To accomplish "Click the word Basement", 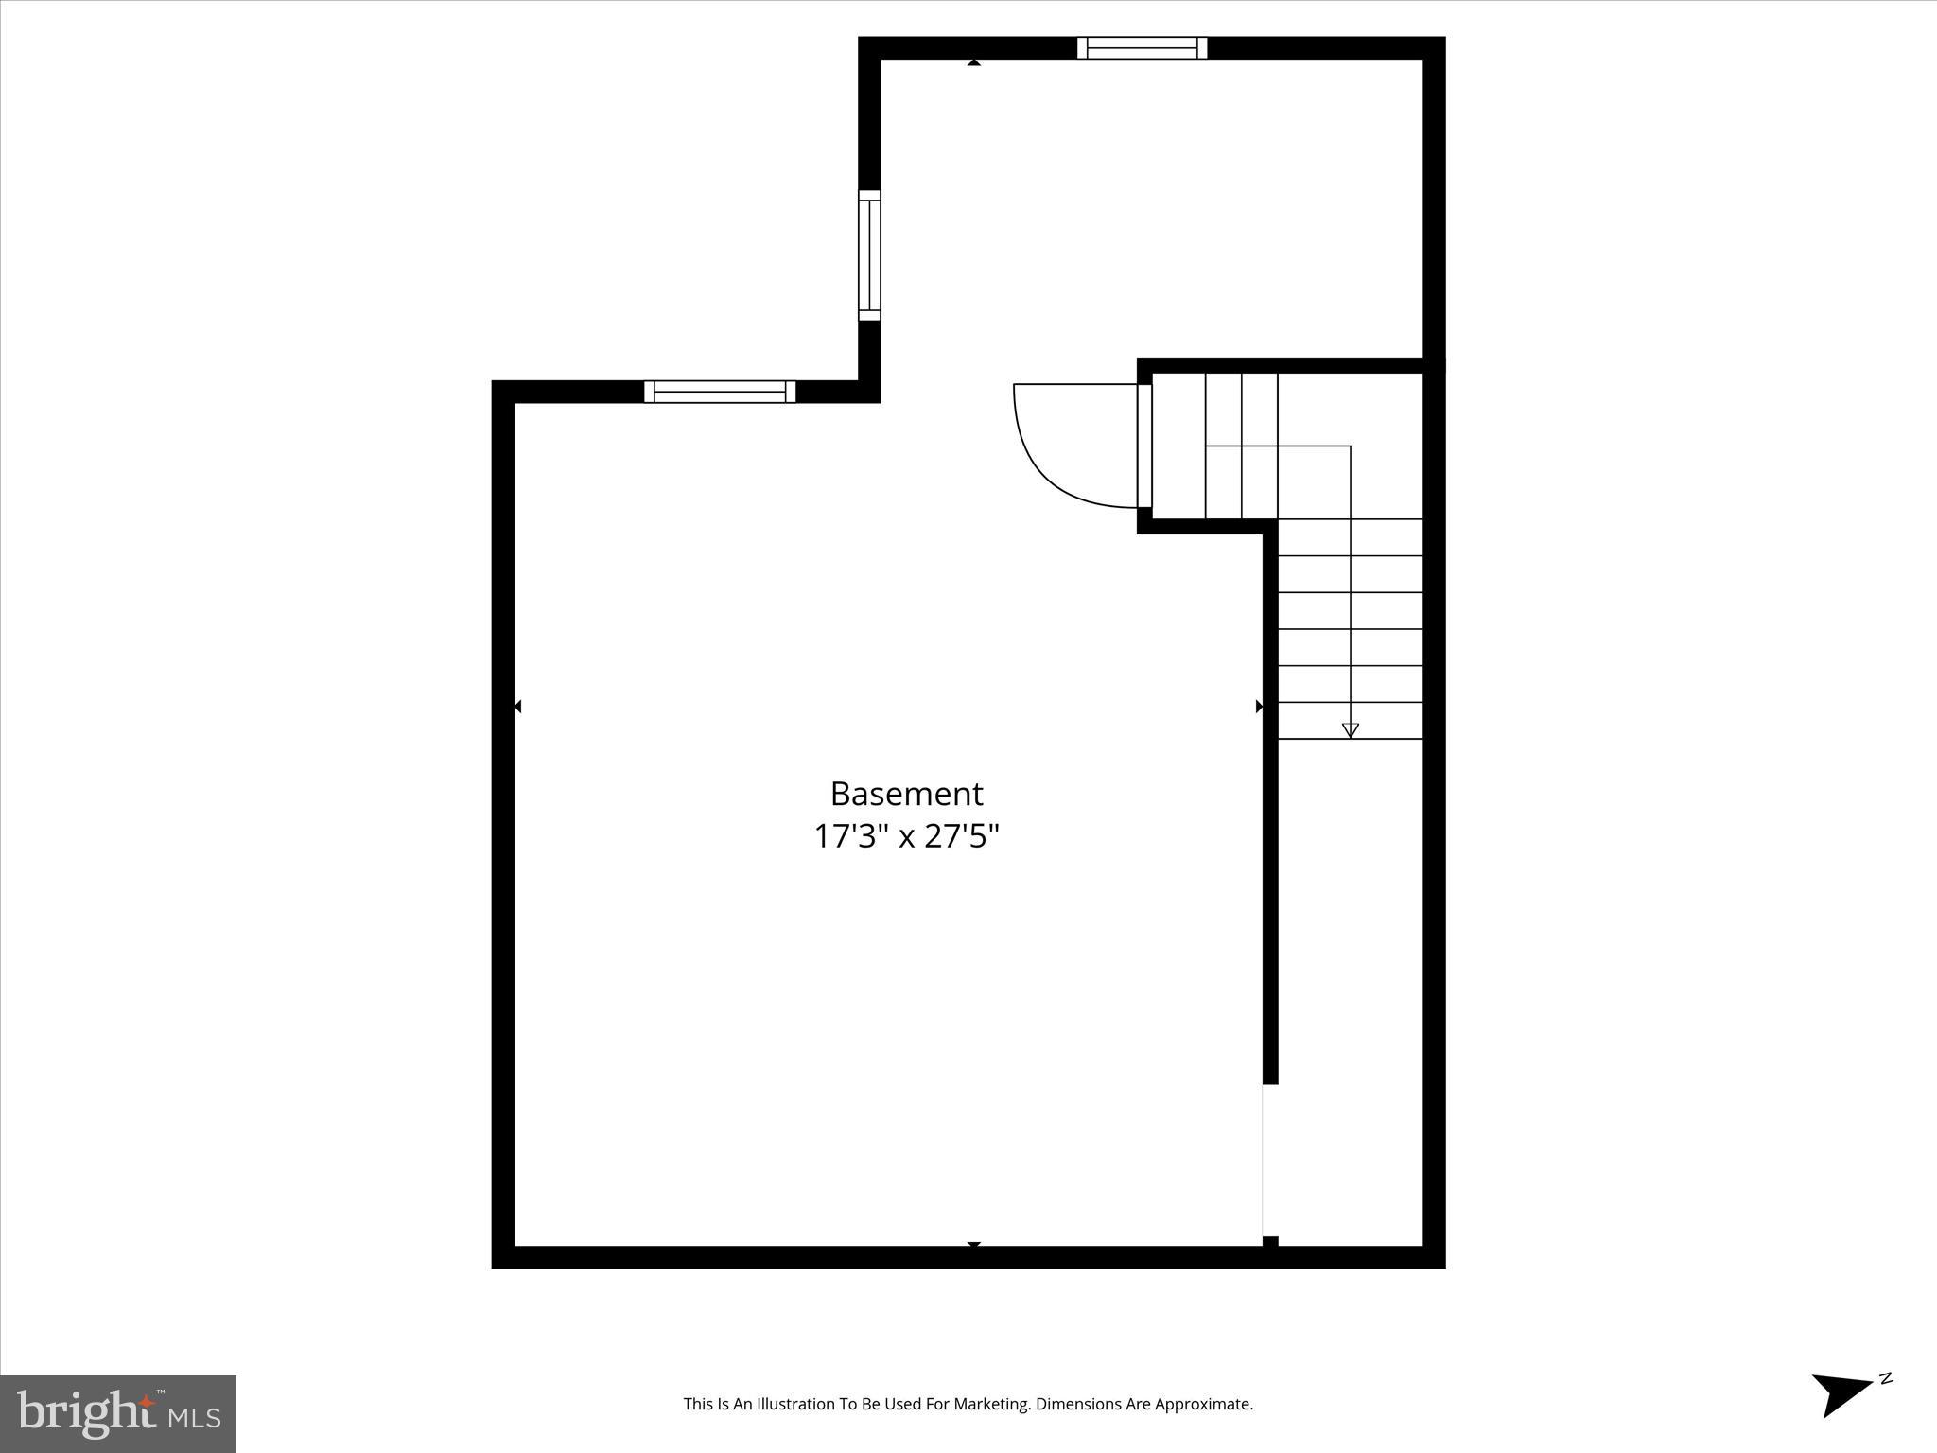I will coord(906,794).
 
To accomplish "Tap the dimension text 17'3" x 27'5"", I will coord(906,837).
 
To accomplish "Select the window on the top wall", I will coord(1142,47).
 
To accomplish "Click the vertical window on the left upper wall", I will coord(869,255).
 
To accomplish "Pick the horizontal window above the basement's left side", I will coord(720,391).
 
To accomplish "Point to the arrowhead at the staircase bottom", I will coord(1351,729).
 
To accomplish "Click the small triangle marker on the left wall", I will coord(517,707).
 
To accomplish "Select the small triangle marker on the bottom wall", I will coord(974,1244).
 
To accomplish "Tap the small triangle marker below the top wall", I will coord(974,62).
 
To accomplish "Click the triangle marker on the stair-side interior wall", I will coord(1259,707).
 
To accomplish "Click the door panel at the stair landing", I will coord(1144,446).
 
